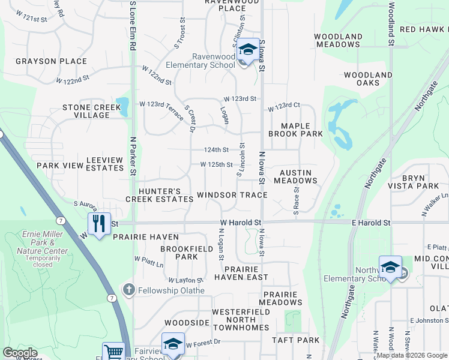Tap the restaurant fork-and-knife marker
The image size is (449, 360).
click(x=99, y=223)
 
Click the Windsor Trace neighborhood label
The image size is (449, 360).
click(x=232, y=195)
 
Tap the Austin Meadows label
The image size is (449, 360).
click(x=295, y=176)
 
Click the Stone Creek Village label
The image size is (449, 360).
click(x=86, y=112)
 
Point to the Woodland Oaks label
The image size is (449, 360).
click(x=368, y=79)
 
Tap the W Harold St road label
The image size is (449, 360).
click(x=241, y=223)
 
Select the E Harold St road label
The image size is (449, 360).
click(x=370, y=223)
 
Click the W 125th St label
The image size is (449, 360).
click(x=216, y=164)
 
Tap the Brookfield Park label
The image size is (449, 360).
click(x=178, y=252)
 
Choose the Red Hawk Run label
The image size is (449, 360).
click(x=424, y=29)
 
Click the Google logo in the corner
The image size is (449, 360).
click(x=19, y=353)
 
